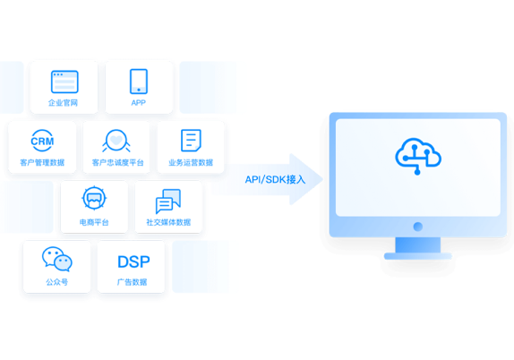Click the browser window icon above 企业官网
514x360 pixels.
coord(64,81)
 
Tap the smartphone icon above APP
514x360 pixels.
coord(139,81)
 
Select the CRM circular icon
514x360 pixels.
coord(42,141)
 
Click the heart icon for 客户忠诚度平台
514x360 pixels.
coord(116,141)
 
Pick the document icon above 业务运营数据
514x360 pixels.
coord(191,141)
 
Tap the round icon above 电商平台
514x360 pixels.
coord(94,199)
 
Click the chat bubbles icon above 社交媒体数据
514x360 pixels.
coord(168,201)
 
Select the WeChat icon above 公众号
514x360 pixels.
coord(57,259)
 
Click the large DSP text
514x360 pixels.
coord(133,261)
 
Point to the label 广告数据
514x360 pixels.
coord(132,282)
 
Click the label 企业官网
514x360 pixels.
coord(63,103)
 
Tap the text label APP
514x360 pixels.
coord(138,103)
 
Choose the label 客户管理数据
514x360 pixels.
coord(42,163)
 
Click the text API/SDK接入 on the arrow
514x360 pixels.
coord(276,180)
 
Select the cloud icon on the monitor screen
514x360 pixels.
coord(418,157)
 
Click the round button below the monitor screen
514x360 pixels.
coord(418,227)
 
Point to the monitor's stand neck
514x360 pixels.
coord(418,244)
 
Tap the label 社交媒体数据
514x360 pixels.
coord(168,222)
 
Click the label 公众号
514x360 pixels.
coord(57,282)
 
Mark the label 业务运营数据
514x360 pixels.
coord(191,163)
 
